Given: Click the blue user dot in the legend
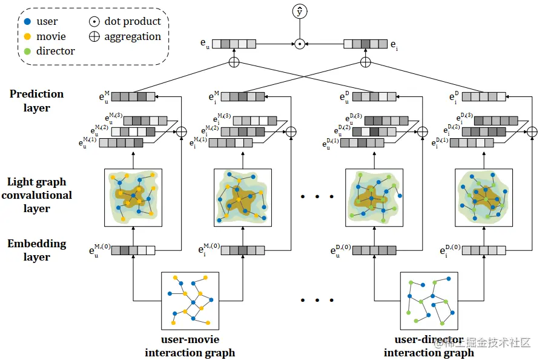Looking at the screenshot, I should pos(27,22).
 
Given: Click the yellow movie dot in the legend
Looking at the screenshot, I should pos(27,36).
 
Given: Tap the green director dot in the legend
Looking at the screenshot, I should pos(27,51).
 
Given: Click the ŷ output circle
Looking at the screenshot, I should pos(299,11).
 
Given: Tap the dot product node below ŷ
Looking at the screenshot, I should pos(299,44).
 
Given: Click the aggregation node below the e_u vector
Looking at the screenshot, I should pos(234,62).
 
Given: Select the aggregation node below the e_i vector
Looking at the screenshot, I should pos(365,62).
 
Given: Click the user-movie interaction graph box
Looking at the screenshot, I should pos(190,301).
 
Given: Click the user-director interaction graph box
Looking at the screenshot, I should pos(429,301).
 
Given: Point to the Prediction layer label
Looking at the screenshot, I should pos(36,101).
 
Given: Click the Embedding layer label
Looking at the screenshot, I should pos(36,250).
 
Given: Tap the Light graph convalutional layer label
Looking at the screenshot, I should pos(36,195).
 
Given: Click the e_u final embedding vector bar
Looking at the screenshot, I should pos(234,44).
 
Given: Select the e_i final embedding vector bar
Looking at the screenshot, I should pos(365,44).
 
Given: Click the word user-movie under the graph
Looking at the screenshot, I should pos(190,340).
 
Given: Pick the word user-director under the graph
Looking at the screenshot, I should pos(429,340).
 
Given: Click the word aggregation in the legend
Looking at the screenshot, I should pos(133,36).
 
